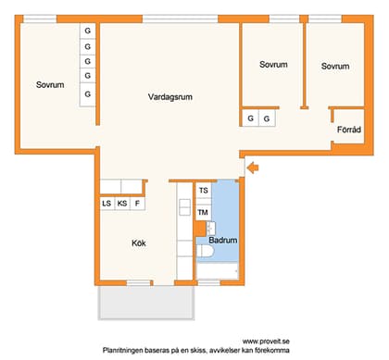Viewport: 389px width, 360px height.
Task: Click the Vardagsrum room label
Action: point(169,97)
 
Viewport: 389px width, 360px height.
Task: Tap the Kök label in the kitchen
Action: point(140,244)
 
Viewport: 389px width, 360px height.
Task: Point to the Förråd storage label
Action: point(348,130)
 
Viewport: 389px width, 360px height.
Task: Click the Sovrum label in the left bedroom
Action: point(50,85)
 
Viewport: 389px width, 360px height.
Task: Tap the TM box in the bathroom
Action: point(203,213)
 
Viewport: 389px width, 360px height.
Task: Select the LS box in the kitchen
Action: point(107,204)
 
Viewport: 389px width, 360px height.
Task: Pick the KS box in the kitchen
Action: point(122,204)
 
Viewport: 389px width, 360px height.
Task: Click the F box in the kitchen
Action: point(138,204)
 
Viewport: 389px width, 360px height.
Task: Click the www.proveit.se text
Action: point(266,341)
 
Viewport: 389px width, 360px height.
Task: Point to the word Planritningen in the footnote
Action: point(128,351)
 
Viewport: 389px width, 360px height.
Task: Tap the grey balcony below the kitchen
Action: point(146,301)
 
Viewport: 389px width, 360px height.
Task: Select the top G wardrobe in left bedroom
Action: point(88,31)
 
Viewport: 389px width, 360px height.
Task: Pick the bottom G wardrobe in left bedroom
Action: point(88,94)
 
